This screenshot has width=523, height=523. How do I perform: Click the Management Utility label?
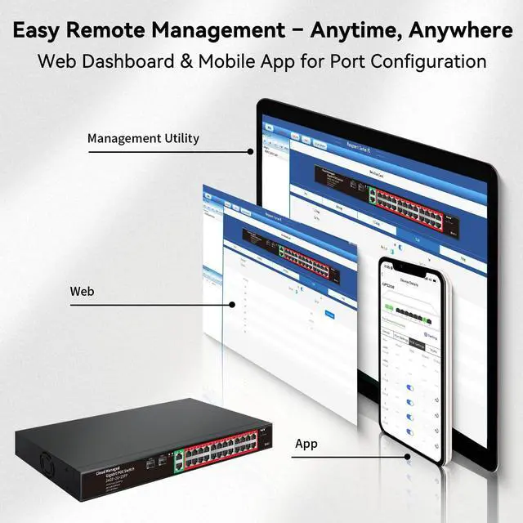(x=143, y=138)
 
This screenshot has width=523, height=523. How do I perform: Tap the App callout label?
(x=306, y=444)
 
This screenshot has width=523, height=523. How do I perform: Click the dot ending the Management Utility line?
(x=251, y=150)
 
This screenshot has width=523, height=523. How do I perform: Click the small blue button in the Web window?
(x=329, y=314)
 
